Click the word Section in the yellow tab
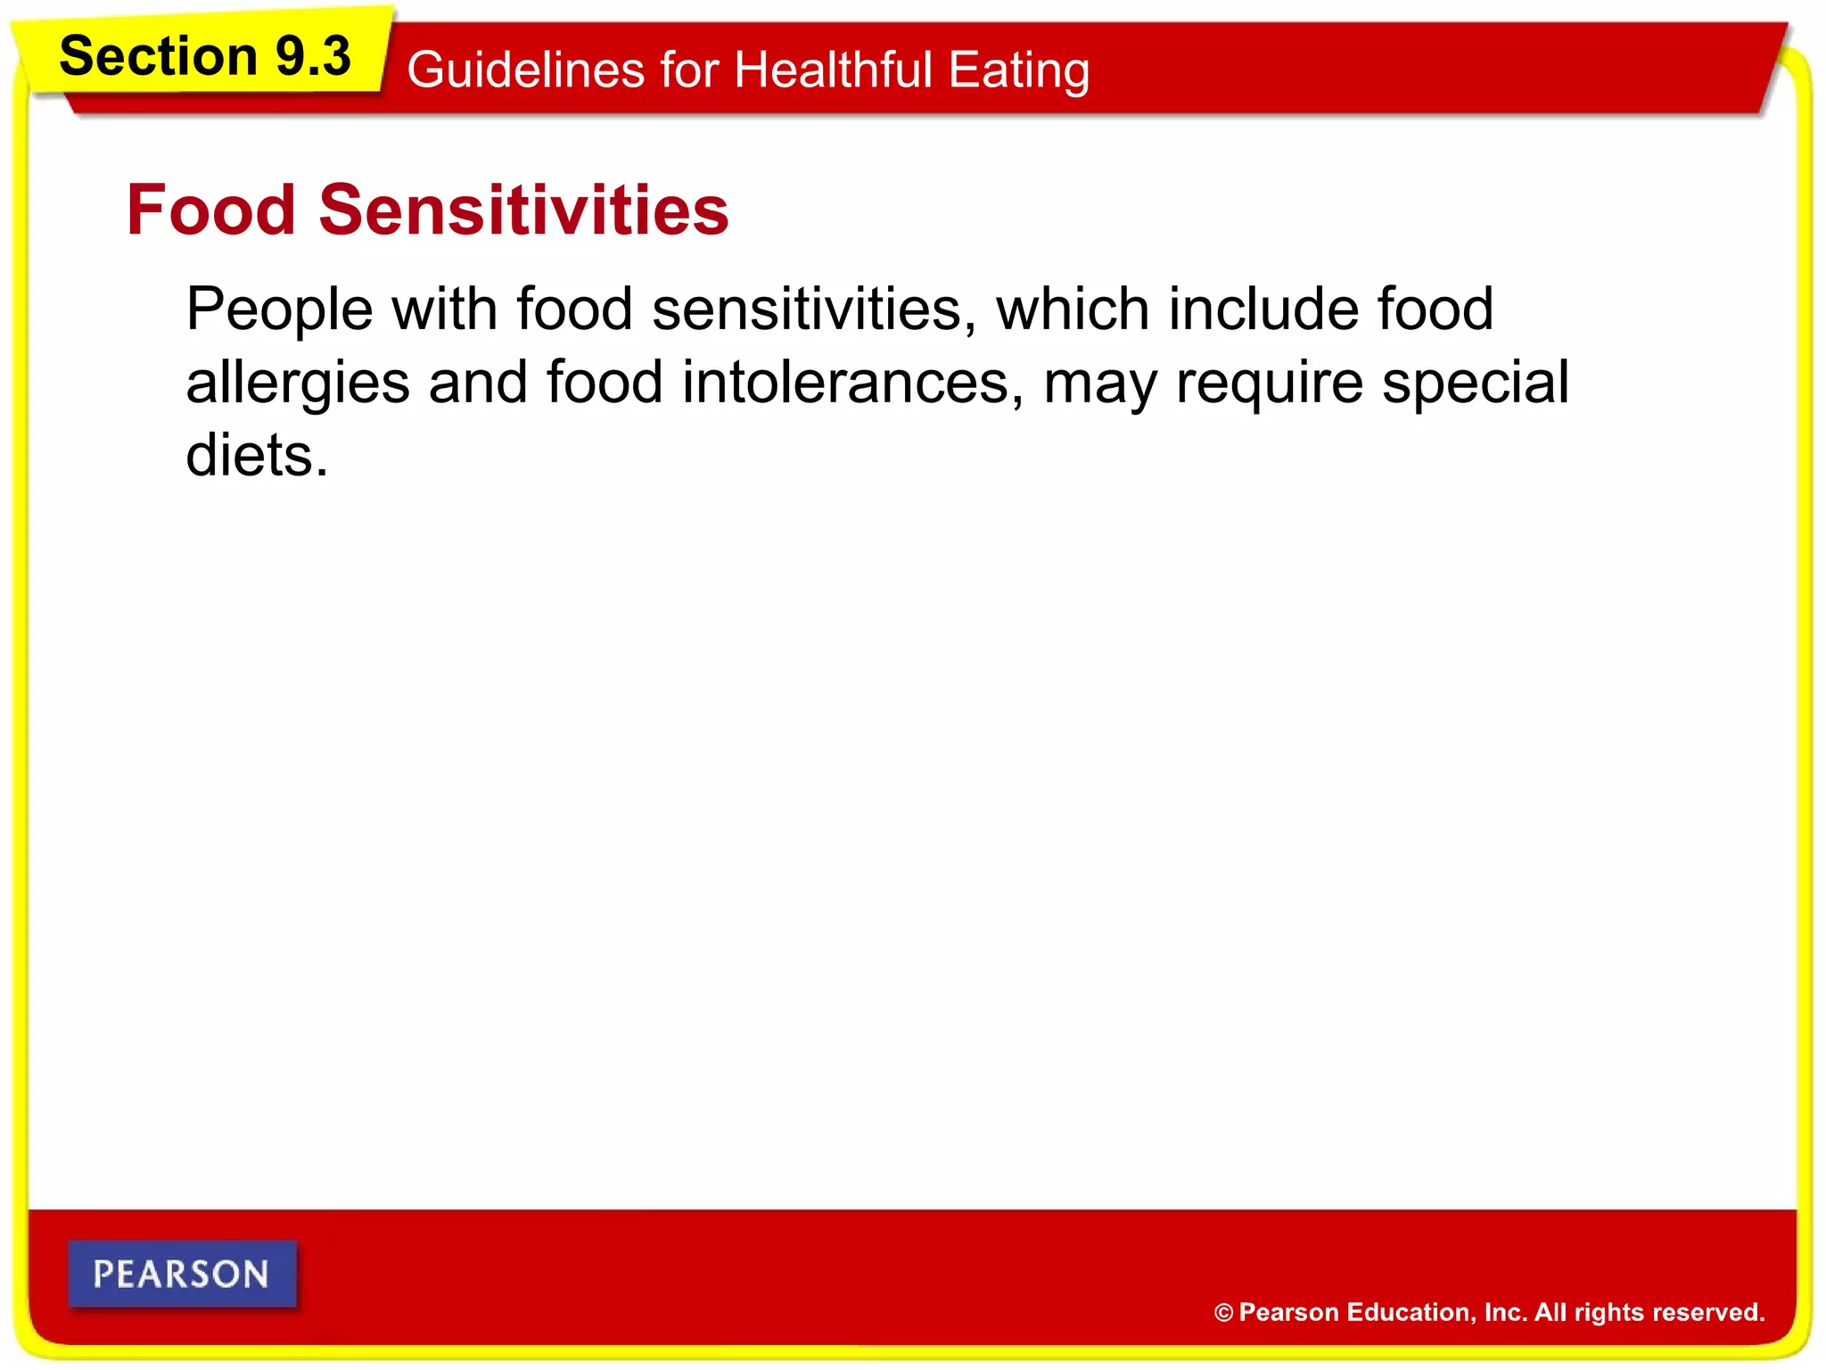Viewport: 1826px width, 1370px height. pos(158,56)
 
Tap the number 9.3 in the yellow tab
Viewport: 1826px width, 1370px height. pos(313,56)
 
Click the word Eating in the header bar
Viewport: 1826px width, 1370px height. pos(1018,71)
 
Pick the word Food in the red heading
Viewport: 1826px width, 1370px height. pos(211,210)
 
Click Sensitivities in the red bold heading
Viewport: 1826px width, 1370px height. pos(524,210)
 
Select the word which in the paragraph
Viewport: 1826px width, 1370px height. pos(1073,309)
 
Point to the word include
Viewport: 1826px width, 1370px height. pos(1263,309)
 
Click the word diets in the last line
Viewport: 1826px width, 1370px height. pos(251,455)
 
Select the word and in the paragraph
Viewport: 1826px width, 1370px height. pos(478,382)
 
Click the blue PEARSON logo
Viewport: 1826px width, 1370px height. pos(182,1274)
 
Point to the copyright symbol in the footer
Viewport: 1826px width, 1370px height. pos(1223,1313)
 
